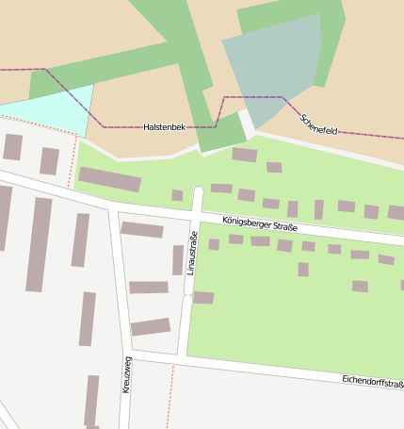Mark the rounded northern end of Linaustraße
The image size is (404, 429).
(x=198, y=192)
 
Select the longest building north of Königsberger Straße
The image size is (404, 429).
(x=109, y=179)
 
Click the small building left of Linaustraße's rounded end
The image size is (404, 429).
(x=177, y=195)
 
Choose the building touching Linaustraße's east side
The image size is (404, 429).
(x=202, y=298)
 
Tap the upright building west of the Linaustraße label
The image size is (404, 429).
(x=177, y=259)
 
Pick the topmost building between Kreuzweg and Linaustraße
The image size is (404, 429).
(x=142, y=229)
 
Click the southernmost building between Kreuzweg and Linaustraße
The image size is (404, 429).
(x=151, y=327)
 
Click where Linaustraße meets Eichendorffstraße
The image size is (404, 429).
(x=184, y=360)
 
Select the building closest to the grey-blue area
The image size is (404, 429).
(x=245, y=155)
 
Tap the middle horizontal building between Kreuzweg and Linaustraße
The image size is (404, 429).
(x=149, y=287)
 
